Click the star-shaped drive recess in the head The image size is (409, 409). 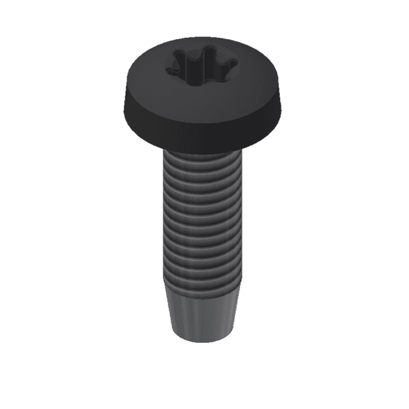point(201,65)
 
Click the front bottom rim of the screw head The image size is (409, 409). point(201,147)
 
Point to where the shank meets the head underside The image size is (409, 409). point(201,153)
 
